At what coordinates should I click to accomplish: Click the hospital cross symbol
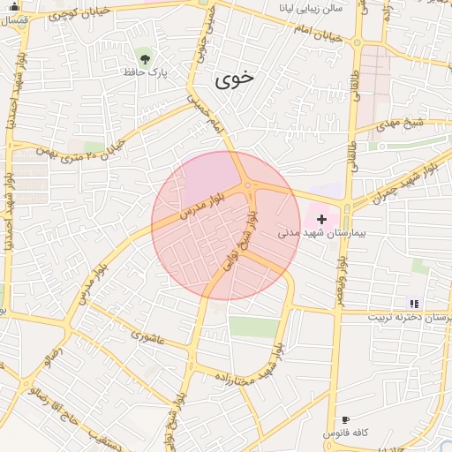[321, 218]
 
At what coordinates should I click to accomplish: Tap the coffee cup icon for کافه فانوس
[344, 420]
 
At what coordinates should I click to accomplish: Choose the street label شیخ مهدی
[400, 124]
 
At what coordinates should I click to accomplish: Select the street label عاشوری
[147, 335]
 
